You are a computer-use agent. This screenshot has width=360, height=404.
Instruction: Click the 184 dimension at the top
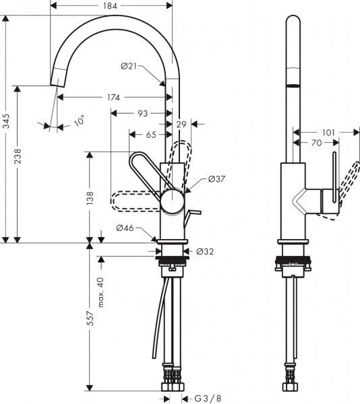(111, 6)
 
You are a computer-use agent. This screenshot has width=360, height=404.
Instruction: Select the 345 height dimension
(7, 121)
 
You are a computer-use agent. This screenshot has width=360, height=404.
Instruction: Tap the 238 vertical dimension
(25, 162)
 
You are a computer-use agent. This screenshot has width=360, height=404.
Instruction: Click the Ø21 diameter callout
(130, 65)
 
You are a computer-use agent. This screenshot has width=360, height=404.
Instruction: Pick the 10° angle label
(80, 121)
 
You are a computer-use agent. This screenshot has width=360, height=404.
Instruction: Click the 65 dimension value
(150, 135)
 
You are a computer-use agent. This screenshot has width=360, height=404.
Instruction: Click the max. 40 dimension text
(101, 292)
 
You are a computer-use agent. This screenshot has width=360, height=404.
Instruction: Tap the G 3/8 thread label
(209, 397)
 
